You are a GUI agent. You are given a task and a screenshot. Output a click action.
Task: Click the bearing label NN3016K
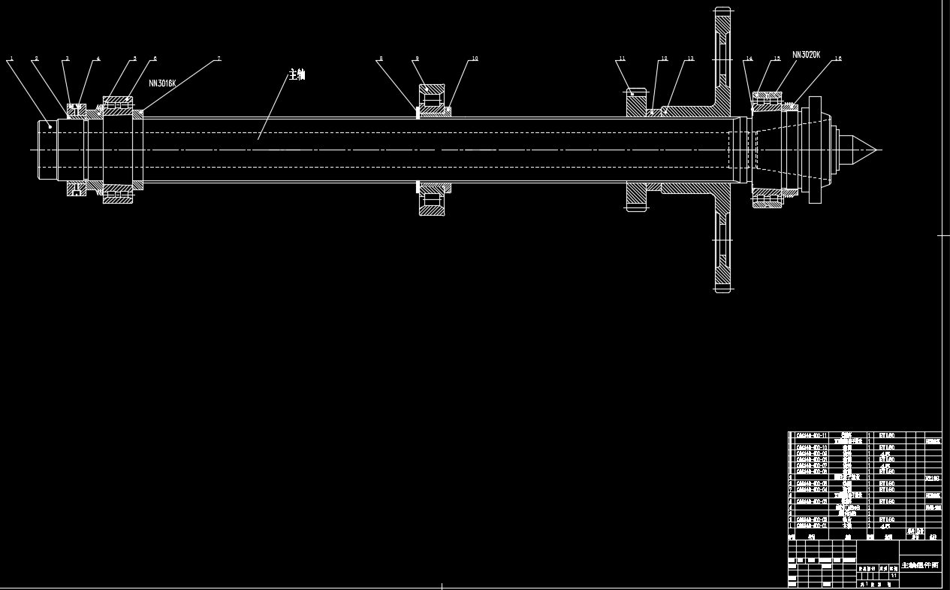tap(162, 83)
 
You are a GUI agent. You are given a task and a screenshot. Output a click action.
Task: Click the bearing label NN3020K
tap(807, 55)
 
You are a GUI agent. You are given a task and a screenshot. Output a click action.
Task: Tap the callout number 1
tap(11, 59)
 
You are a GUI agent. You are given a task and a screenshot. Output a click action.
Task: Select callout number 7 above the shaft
tap(219, 59)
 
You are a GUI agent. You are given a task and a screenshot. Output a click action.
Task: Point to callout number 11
tap(622, 59)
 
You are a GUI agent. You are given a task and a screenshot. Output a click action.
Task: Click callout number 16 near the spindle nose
tap(838, 59)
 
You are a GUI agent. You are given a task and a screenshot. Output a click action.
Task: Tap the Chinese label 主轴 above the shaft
tap(297, 74)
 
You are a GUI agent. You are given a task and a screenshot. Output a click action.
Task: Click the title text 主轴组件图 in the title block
tap(920, 564)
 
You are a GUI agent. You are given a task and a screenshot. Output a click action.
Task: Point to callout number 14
tap(749, 59)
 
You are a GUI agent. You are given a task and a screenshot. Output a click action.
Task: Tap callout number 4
tap(98, 59)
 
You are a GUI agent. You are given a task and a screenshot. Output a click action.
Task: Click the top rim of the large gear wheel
tap(722, 11)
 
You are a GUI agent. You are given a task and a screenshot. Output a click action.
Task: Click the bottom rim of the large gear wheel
tap(722, 288)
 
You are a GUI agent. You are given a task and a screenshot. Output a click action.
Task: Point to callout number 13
tap(690, 59)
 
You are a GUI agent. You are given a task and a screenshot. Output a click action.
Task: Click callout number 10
tap(475, 59)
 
